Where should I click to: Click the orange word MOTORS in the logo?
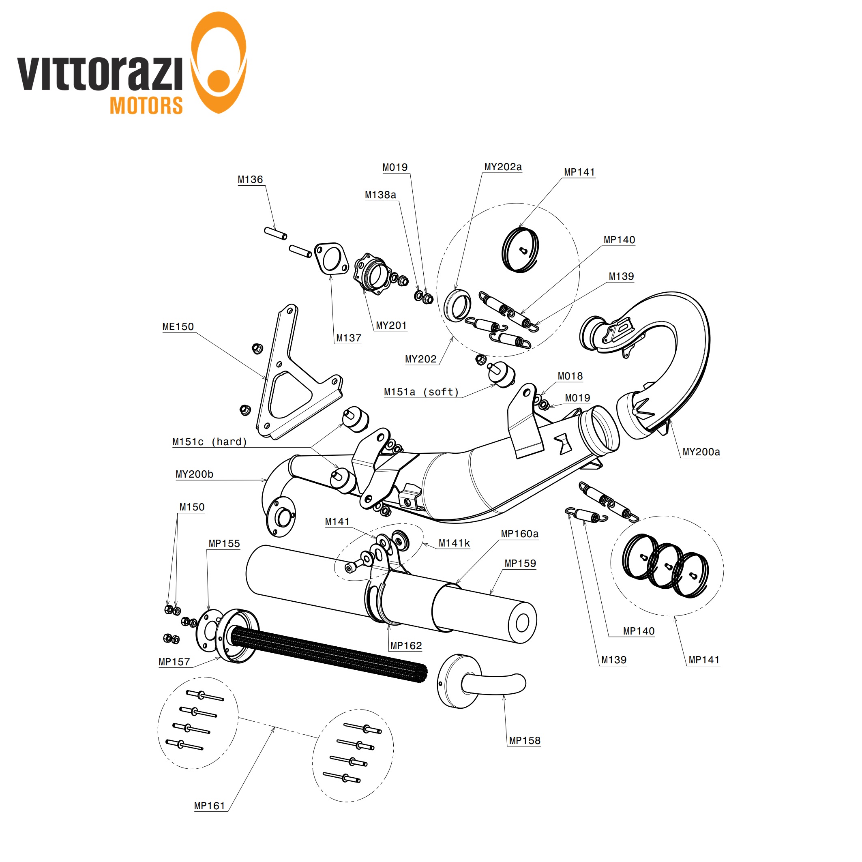(x=146, y=106)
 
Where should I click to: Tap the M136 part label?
(x=250, y=179)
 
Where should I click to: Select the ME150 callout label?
(x=178, y=327)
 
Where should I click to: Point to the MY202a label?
(x=503, y=167)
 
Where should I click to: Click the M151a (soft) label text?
(x=421, y=392)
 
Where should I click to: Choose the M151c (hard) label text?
(x=209, y=442)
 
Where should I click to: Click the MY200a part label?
(x=701, y=452)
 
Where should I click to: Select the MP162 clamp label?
(x=405, y=645)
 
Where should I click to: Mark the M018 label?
(x=570, y=376)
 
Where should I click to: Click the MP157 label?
(x=174, y=662)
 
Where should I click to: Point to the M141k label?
(x=454, y=543)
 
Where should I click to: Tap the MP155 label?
(x=224, y=543)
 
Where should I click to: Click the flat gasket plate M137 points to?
(x=331, y=259)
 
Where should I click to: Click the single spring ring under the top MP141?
(x=520, y=250)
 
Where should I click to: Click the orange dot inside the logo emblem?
(x=219, y=81)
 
